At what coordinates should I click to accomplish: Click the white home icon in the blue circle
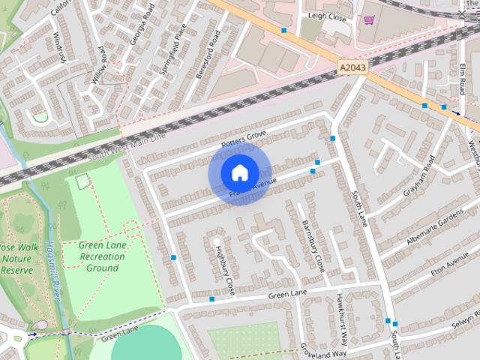[239, 173]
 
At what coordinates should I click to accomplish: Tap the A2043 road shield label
[353, 67]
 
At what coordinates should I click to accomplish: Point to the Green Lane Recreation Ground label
[102, 256]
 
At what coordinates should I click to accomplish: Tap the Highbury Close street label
[225, 270]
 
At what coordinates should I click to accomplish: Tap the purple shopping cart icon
[368, 20]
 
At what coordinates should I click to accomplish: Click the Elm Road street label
[461, 79]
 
